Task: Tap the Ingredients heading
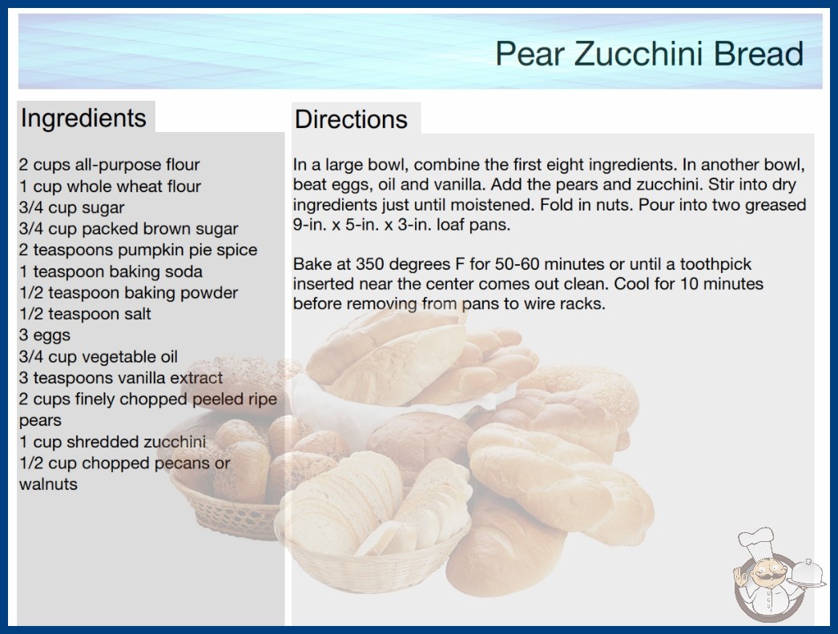(x=83, y=118)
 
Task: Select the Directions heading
(x=351, y=119)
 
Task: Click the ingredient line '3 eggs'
(x=45, y=335)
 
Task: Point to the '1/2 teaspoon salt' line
(x=85, y=314)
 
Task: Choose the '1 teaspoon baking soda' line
(x=111, y=271)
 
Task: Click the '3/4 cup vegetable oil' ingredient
(x=99, y=356)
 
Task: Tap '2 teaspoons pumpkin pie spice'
(x=138, y=250)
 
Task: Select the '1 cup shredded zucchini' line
(x=112, y=442)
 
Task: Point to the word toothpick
(x=715, y=264)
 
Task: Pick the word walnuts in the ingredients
(x=48, y=484)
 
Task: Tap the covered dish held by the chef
(x=807, y=573)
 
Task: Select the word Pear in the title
(x=530, y=54)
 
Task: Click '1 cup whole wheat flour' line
(x=110, y=187)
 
